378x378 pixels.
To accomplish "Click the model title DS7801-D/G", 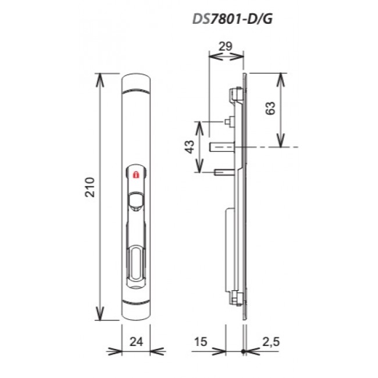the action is point(232,19).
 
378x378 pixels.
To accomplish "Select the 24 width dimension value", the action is point(136,341).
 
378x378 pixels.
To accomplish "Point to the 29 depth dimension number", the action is point(225,46).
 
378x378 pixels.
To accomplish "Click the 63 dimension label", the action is point(270,108).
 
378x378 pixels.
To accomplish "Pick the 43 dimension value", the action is point(190,147).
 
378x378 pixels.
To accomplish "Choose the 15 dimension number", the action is point(200,341).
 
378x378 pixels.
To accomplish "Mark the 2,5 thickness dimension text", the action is point(271,342).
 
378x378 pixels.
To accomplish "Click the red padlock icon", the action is point(136,174).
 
